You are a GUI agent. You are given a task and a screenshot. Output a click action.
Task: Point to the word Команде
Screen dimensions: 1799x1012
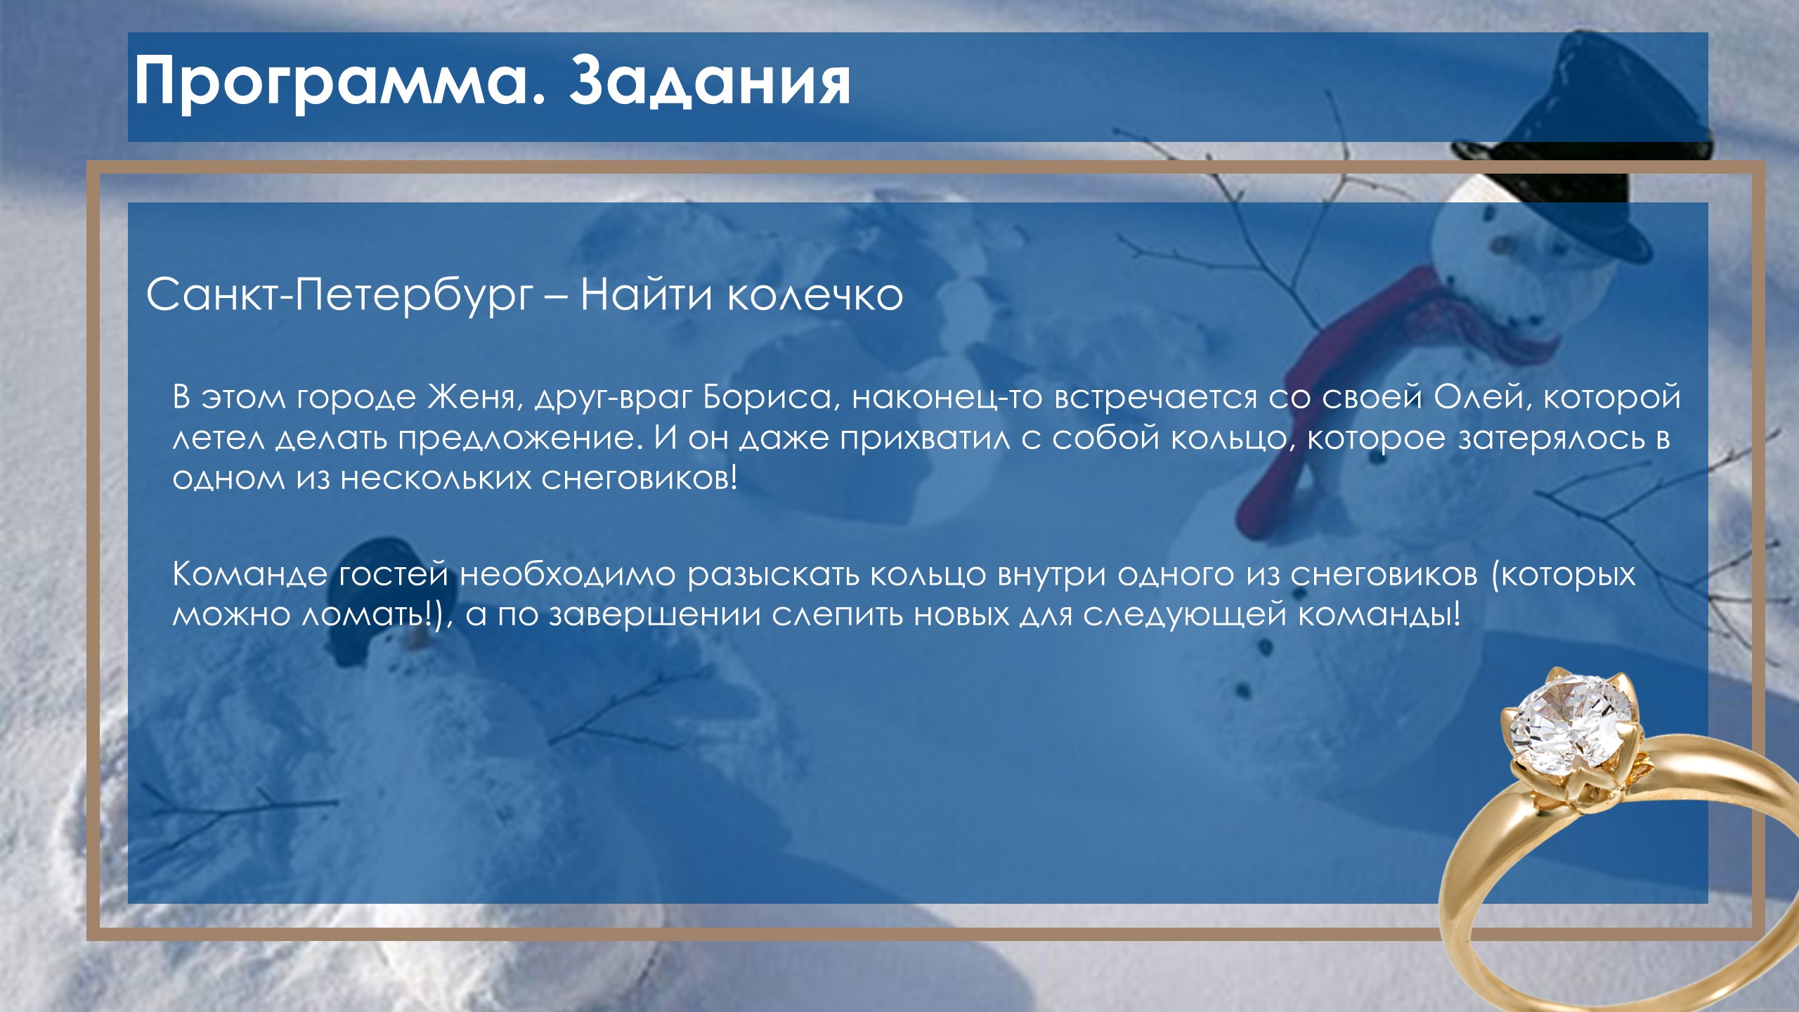(250, 575)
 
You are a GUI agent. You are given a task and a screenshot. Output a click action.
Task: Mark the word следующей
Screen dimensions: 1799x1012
(1184, 616)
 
